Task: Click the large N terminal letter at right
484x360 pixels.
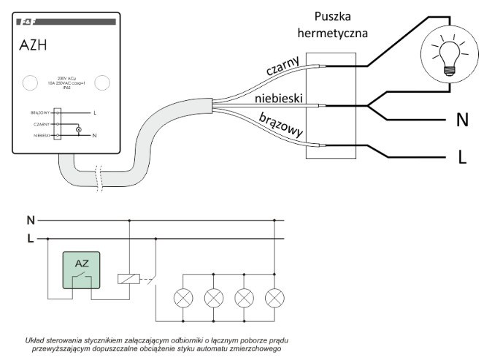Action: click(x=462, y=120)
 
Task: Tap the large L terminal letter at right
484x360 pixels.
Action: click(x=461, y=158)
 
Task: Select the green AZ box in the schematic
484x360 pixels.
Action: click(x=82, y=269)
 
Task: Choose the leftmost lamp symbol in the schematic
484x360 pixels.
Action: click(x=183, y=297)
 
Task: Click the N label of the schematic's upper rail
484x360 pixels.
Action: click(x=30, y=219)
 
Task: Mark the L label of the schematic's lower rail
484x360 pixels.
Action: click(x=30, y=238)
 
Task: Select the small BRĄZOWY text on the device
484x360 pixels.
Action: click(x=38, y=113)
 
